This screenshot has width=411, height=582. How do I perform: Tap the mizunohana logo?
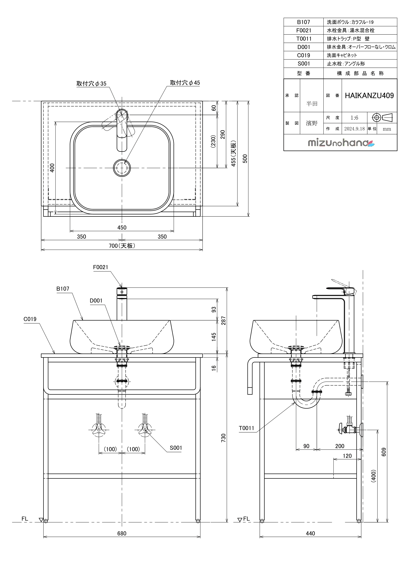[x=341, y=143]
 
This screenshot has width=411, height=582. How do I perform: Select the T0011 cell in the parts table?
[x=304, y=39]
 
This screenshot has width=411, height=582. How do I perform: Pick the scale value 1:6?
[x=354, y=118]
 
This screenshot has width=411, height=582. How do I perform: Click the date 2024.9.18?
[x=354, y=129]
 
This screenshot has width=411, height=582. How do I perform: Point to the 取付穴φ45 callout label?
[x=185, y=83]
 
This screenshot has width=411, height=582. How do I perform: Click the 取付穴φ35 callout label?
[x=91, y=84]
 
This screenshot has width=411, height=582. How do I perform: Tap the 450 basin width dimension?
[x=122, y=228]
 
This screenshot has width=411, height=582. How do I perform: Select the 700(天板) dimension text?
[x=122, y=246]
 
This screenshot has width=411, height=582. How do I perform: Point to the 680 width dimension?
[x=122, y=534]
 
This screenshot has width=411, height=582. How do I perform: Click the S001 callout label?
[x=176, y=448]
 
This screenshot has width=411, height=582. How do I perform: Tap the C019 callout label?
[x=30, y=319]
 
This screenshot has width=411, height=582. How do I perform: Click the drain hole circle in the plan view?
[x=122, y=168]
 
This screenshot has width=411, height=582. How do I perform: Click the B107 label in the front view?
[x=63, y=289]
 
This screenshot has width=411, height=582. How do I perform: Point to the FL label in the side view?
[x=246, y=519]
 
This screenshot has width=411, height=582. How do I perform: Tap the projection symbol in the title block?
[x=382, y=118]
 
